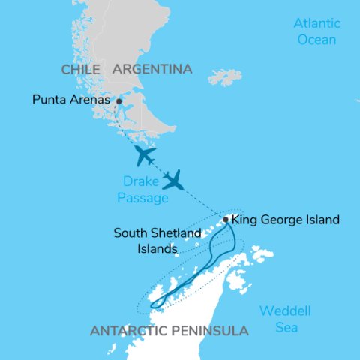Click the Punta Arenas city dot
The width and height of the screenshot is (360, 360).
(118, 100)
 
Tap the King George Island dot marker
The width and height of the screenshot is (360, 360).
(226, 220)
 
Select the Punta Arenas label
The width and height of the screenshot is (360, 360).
(71, 99)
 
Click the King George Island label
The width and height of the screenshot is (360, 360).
(286, 220)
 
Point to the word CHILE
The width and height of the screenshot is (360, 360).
(81, 69)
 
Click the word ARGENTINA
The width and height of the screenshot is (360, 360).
(152, 69)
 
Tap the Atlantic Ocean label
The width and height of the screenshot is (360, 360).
(316, 31)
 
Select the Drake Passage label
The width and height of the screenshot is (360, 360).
(144, 187)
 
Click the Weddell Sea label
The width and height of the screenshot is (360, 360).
(285, 319)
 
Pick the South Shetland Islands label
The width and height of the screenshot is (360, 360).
(157, 240)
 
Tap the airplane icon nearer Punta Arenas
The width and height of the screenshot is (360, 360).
(144, 155)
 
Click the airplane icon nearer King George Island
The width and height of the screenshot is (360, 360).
(174, 180)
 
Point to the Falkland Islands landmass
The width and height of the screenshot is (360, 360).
(225, 76)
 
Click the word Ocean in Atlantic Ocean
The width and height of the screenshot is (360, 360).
(316, 39)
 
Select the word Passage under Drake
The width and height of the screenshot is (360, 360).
(144, 196)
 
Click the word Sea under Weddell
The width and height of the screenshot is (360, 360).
(285, 327)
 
